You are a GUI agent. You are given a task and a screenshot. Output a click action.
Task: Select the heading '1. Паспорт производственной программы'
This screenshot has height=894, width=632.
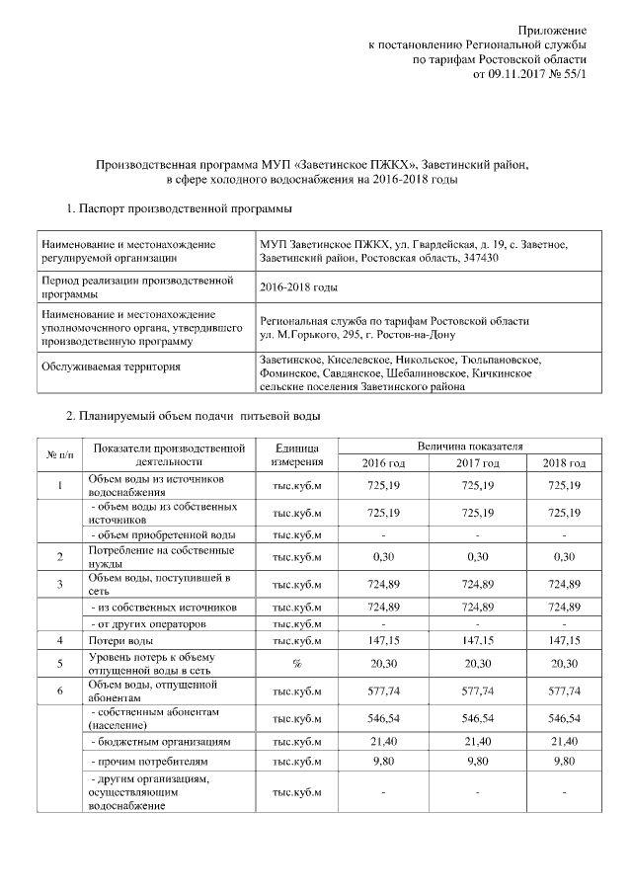178,208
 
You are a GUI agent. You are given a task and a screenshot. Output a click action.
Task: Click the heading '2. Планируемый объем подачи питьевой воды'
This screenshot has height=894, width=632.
193,415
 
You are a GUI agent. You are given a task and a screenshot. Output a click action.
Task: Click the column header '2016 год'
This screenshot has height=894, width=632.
382,463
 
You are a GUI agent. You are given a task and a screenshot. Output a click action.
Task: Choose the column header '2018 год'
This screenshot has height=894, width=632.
564,463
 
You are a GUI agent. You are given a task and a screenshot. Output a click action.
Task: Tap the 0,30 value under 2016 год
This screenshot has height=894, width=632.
382,556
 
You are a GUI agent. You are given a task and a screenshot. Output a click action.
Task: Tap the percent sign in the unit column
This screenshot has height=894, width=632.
295,664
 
